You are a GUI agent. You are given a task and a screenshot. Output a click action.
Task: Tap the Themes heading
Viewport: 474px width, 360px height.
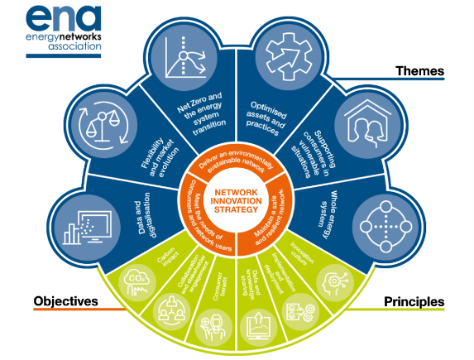[x=420, y=71]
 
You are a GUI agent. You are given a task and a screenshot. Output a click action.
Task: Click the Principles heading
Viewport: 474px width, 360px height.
[x=413, y=301]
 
